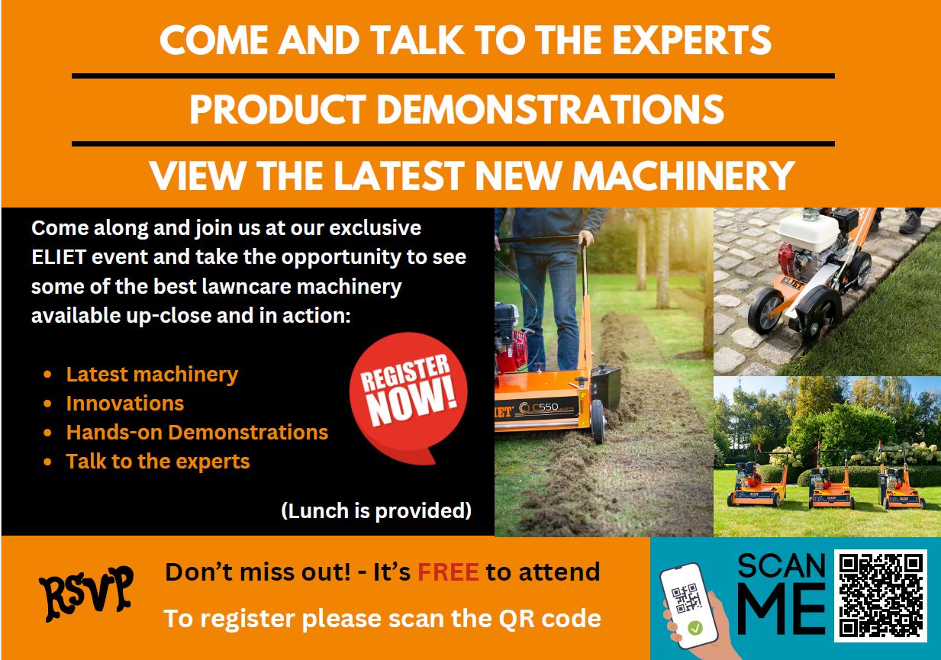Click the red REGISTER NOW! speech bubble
pyautogui.click(x=408, y=395)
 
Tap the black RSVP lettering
pyautogui.click(x=86, y=593)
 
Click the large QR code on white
pyautogui.click(x=881, y=596)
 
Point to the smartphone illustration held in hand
pyautogui.click(x=688, y=605)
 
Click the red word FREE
pyautogui.click(x=448, y=571)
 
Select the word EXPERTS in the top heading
pyautogui.click(x=691, y=40)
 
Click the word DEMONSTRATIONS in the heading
pyautogui.click(x=550, y=109)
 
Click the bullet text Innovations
pyautogui.click(x=125, y=404)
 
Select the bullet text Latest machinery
pyautogui.click(x=152, y=375)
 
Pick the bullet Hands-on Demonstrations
pyautogui.click(x=197, y=433)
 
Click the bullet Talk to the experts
pyautogui.click(x=158, y=462)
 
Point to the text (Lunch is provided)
pyautogui.click(x=376, y=511)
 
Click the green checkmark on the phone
pyautogui.click(x=695, y=628)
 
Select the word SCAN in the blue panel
pyautogui.click(x=781, y=566)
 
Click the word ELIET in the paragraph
pyautogui.click(x=59, y=257)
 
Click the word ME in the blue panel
pyautogui.click(x=781, y=608)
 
